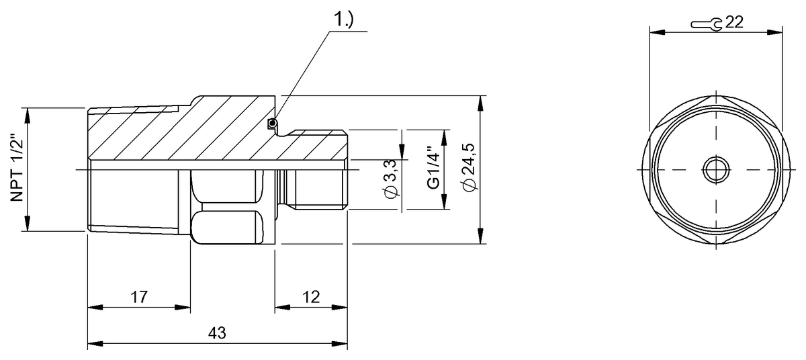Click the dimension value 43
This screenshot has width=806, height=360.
217,333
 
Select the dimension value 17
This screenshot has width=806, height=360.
138,296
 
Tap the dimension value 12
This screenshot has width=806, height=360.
311,296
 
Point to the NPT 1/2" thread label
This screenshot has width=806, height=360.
16,169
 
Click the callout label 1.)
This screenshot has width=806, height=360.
344,21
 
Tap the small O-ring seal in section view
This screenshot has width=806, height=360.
272,122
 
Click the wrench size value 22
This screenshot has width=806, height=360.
734,23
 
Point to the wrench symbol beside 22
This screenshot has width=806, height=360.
707,24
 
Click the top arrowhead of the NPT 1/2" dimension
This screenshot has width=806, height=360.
27,112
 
